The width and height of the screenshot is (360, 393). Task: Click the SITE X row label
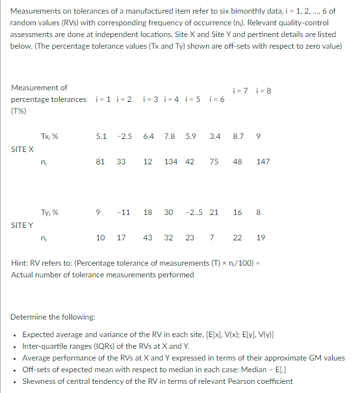pyautogui.click(x=22, y=149)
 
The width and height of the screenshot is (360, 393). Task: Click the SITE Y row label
pyautogui.click(x=22, y=225)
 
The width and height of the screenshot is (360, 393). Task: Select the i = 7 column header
pyautogui.click(x=240, y=89)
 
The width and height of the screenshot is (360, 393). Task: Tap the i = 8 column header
pyautogui.click(x=264, y=89)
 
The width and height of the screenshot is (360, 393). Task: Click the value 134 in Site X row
pyautogui.click(x=172, y=162)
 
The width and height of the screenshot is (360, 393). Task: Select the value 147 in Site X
pyautogui.click(x=263, y=162)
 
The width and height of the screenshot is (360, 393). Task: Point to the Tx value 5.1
pyautogui.click(x=101, y=137)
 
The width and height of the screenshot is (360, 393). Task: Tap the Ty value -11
pyautogui.click(x=125, y=212)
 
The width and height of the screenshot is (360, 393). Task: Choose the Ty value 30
pyautogui.click(x=168, y=212)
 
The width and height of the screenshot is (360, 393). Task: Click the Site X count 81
pyautogui.click(x=101, y=162)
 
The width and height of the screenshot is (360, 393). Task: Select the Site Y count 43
pyautogui.click(x=148, y=238)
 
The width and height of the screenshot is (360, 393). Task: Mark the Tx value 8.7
pyautogui.click(x=238, y=137)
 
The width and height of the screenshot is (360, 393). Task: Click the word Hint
pyautogui.click(x=19, y=265)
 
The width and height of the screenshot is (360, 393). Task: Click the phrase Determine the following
pyautogui.click(x=53, y=317)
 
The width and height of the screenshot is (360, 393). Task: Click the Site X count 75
pyautogui.click(x=214, y=162)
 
